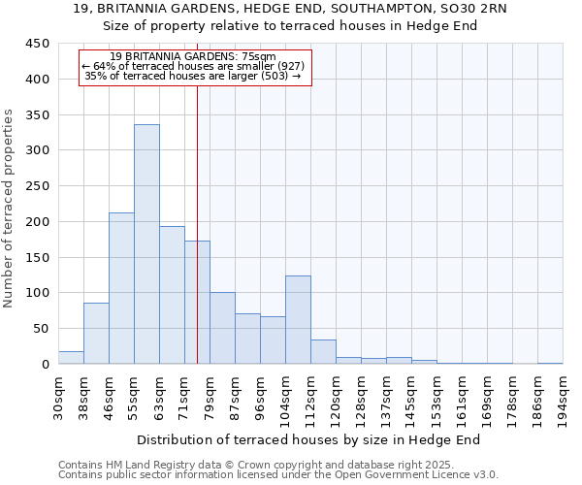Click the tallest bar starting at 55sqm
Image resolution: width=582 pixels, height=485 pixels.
[146, 244]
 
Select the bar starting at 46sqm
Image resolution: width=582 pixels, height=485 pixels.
[121, 288]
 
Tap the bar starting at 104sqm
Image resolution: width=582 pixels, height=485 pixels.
[298, 320]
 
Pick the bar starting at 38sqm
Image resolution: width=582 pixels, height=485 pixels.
[96, 334]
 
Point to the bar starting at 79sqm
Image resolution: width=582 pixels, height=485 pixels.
[222, 328]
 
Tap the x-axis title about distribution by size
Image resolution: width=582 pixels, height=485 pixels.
[309, 439]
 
